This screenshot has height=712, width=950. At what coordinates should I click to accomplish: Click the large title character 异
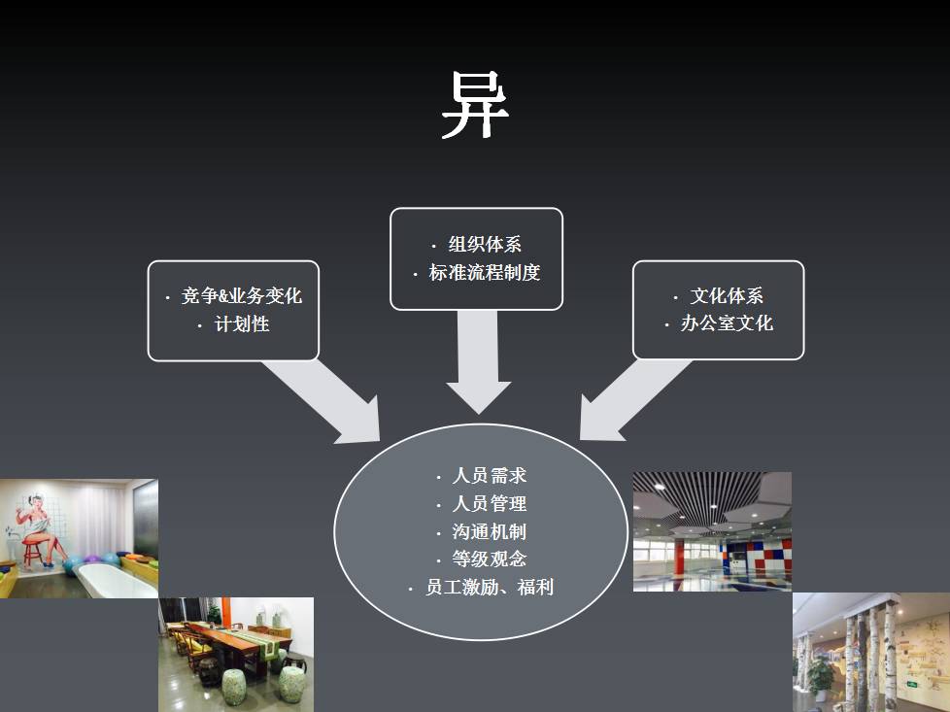pos(475,106)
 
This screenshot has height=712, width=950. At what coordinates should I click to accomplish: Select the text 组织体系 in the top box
pos(485,245)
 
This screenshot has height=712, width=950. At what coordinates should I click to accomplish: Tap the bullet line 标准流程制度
pos(485,273)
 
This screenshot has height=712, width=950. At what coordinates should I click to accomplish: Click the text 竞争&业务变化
pos(241,296)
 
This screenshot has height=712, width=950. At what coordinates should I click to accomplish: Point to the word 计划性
pos(241,324)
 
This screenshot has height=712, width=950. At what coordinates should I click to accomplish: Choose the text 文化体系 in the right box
pos(727,296)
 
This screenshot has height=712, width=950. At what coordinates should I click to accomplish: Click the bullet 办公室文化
pos(727,323)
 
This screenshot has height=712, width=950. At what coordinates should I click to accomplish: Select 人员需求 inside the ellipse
pos(490,476)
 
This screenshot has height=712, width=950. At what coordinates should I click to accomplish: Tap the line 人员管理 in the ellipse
pos(490,504)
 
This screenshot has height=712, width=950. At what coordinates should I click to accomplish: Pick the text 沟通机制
pos(490,532)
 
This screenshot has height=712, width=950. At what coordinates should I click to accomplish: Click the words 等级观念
pos(490,559)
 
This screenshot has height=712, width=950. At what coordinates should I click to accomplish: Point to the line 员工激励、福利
pos(490,588)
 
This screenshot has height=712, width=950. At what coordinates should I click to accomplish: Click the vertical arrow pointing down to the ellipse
pos(478,359)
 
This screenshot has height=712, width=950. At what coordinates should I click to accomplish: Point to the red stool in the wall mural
pos(34,551)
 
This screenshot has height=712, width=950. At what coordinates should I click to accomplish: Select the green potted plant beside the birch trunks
pos(822,672)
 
